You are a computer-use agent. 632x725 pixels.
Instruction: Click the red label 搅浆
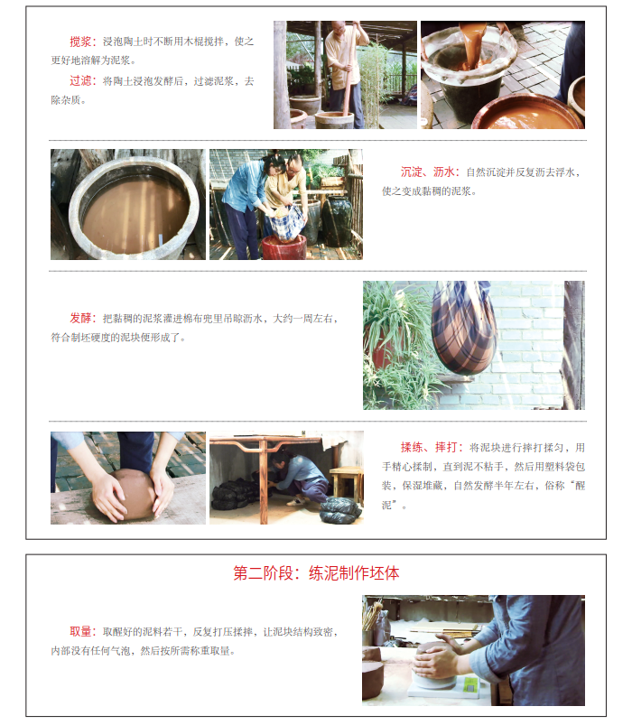tap(80, 42)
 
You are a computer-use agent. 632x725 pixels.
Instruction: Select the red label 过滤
tap(80, 81)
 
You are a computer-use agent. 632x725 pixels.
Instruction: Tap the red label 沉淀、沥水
tap(427, 172)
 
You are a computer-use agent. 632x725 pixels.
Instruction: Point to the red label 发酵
tap(80, 318)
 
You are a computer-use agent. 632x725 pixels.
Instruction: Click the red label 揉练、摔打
tap(429, 447)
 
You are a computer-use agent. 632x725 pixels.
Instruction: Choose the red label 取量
tap(80, 631)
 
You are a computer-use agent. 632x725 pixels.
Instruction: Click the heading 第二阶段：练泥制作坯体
tap(316, 573)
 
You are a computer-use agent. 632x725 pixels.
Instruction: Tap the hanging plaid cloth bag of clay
tap(463, 326)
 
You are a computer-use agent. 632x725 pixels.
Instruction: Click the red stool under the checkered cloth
tap(284, 247)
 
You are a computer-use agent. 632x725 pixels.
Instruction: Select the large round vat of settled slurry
tap(134, 207)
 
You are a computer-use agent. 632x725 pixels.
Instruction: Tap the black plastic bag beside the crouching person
tap(340, 510)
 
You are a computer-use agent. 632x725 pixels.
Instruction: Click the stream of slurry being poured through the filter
tap(471, 45)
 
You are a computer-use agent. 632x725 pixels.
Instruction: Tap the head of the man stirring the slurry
tap(339, 29)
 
